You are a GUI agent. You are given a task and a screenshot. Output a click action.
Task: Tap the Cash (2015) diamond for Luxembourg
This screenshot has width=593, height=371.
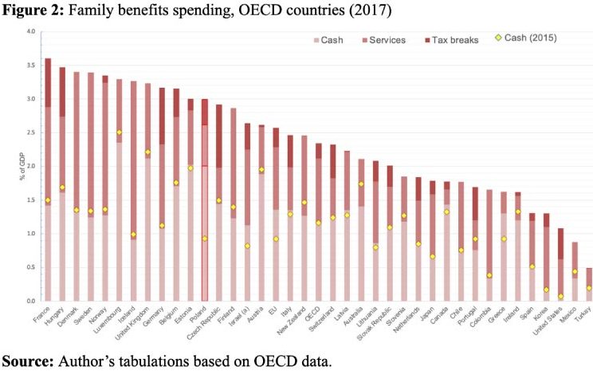tap(119, 132)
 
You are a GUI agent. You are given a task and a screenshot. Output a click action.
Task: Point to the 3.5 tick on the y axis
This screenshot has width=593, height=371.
tap(32, 65)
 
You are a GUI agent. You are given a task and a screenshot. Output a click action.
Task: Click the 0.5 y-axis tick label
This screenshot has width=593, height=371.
tap(32, 267)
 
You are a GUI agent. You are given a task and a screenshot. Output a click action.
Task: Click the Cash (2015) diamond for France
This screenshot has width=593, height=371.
tap(48, 200)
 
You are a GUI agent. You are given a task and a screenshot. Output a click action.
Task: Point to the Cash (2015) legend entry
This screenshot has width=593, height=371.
tap(523, 39)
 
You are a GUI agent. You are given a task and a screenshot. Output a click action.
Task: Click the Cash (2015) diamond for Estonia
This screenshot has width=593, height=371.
tap(190, 168)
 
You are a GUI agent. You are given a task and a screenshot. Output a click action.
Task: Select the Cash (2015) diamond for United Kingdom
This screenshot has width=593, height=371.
tap(147, 152)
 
